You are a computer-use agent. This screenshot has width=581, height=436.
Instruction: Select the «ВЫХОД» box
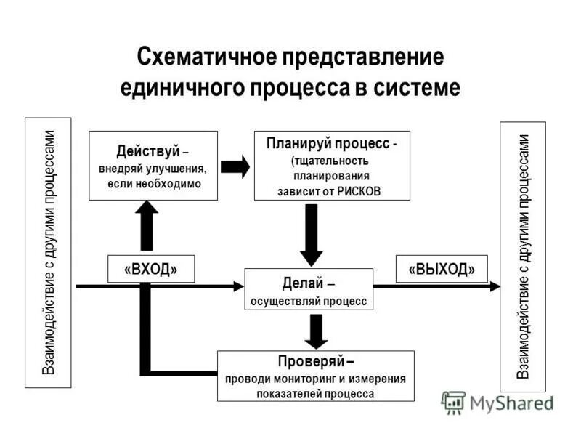pyautogui.click(x=442, y=269)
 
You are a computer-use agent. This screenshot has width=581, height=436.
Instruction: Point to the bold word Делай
pyautogui.click(x=296, y=283)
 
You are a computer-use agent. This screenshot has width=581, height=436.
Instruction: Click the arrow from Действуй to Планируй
pyautogui.click(x=235, y=166)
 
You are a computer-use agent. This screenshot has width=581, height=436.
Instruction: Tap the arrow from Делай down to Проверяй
pyautogui.click(x=315, y=331)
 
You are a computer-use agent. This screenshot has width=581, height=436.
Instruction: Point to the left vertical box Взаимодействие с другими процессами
pyautogui.click(x=48, y=252)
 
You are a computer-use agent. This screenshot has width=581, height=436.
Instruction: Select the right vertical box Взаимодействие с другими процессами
pyautogui.click(x=523, y=257)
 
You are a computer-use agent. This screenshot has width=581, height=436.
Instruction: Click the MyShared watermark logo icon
pyautogui.click(x=453, y=402)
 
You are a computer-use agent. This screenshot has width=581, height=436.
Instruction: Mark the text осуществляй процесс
pyautogui.click(x=309, y=300)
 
